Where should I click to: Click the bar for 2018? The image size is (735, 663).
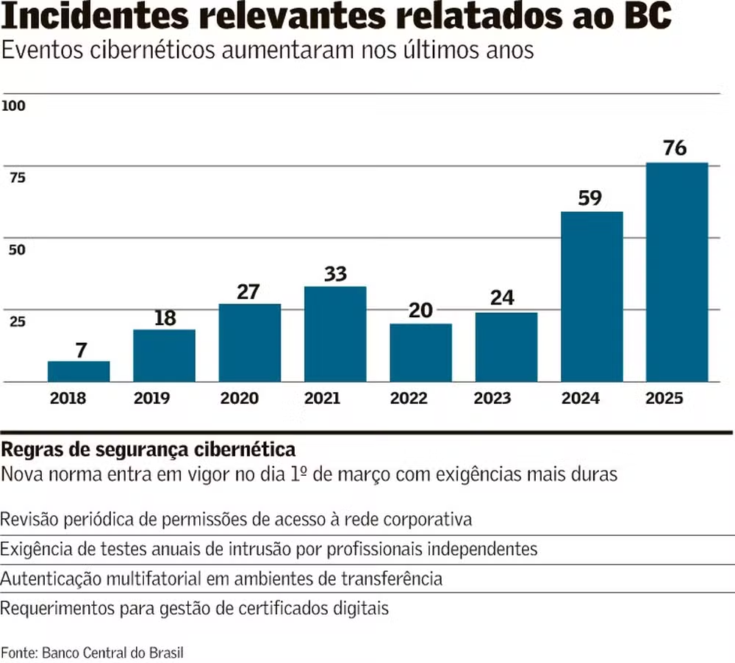point(79,372)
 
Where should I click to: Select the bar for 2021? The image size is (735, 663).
point(335,334)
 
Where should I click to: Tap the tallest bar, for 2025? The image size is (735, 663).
point(676,272)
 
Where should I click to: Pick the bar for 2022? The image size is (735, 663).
point(420,352)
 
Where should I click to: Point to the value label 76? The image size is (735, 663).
point(675,148)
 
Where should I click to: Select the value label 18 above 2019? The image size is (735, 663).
point(165,318)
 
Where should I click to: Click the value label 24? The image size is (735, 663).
point(505,298)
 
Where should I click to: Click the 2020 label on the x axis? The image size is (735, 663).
point(239,399)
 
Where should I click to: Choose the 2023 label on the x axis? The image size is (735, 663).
point(492,399)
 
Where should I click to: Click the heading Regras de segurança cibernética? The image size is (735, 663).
point(149,449)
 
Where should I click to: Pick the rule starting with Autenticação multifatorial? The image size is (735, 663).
point(221,579)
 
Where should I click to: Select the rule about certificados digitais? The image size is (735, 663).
point(194,608)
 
